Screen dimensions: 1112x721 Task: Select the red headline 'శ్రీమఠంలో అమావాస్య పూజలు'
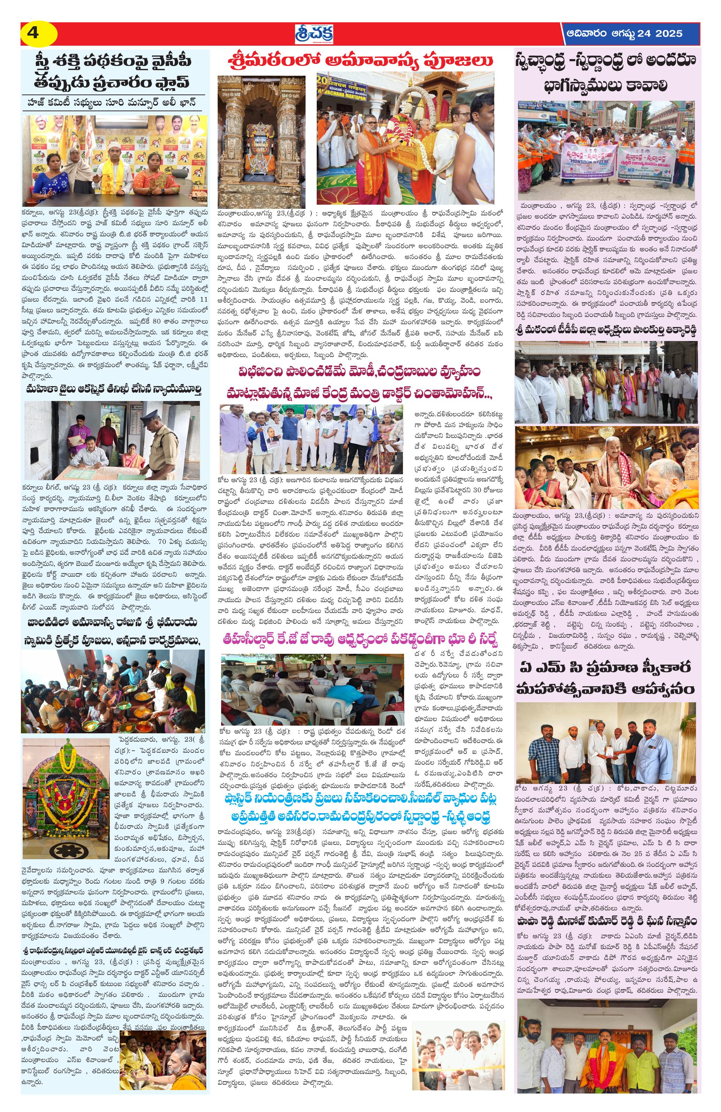click(360, 61)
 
